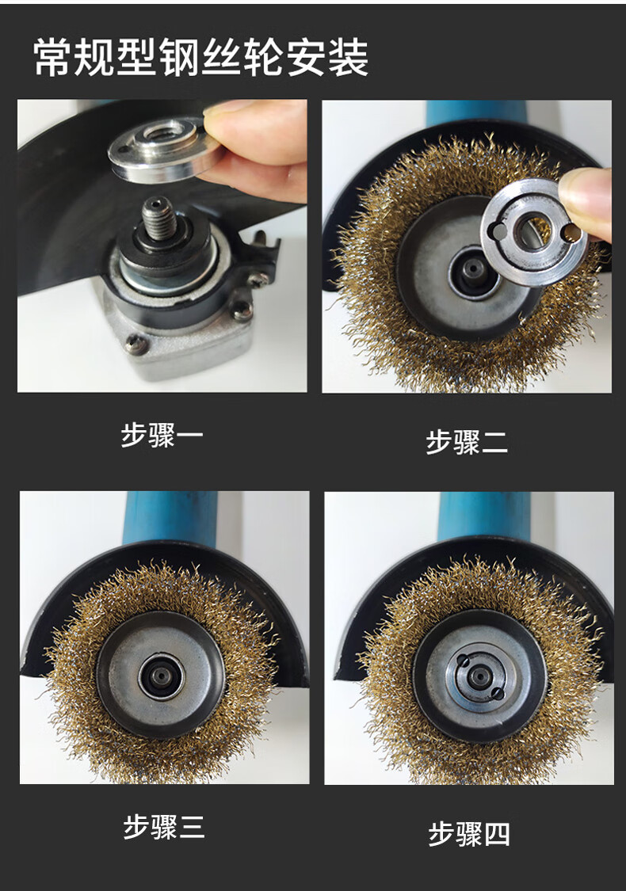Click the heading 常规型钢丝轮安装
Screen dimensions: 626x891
[x=201, y=57]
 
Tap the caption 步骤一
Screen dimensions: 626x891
[x=162, y=436]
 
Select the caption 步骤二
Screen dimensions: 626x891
[x=467, y=442]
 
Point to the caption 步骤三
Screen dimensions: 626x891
[x=164, y=827]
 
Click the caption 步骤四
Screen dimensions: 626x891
[x=469, y=834]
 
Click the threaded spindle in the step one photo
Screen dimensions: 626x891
[x=158, y=219]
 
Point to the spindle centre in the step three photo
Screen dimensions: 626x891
[x=162, y=676]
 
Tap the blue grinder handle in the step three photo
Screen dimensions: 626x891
[x=170, y=518]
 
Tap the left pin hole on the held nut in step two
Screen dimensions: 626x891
[x=498, y=231]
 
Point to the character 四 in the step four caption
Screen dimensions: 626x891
[x=496, y=834]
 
